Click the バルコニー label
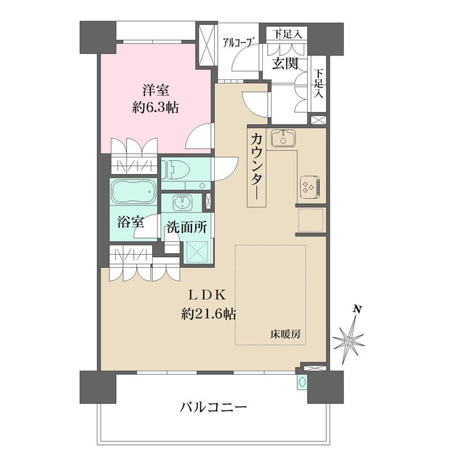point(213,406)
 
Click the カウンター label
point(257,167)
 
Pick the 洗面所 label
point(186,226)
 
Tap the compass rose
point(351,339)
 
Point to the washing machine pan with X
point(197,252)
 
